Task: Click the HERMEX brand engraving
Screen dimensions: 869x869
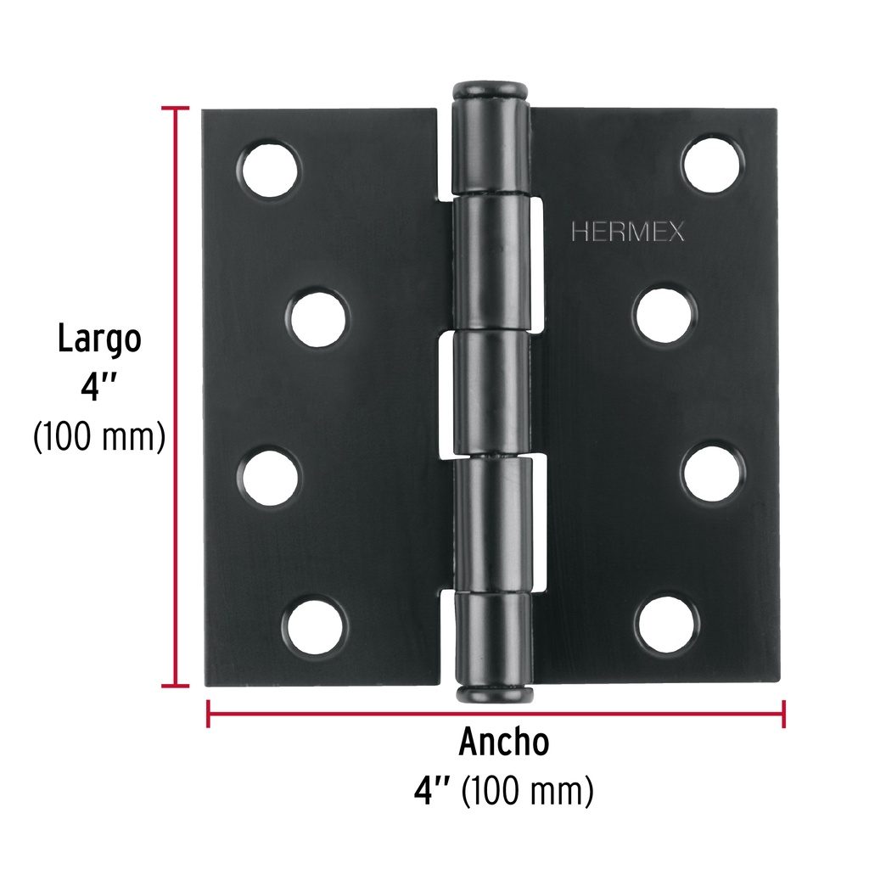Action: [x=628, y=232]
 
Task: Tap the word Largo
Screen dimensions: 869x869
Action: [x=100, y=339]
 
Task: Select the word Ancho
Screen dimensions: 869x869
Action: [x=504, y=742]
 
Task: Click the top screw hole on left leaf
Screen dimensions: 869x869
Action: [x=271, y=169]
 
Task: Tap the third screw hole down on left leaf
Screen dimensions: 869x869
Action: [x=271, y=477]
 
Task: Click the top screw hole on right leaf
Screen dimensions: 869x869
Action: [x=713, y=164]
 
